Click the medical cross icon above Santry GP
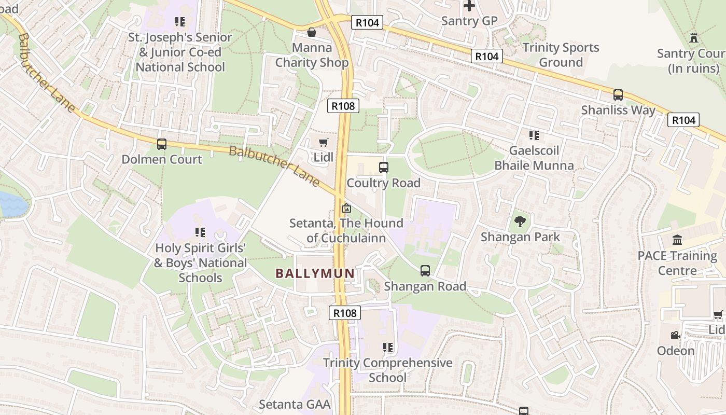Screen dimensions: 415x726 coord(469,6)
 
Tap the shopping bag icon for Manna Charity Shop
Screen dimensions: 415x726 coord(312,33)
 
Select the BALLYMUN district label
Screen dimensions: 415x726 coord(315,273)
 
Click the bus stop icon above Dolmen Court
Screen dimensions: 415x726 coord(162,144)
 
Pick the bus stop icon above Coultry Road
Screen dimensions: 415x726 coord(384,168)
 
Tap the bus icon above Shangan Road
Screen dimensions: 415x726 coord(425,271)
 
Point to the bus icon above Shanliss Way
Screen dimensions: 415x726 coord(618,95)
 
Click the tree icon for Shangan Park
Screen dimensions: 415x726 coord(520,222)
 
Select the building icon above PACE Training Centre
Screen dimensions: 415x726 coord(677,240)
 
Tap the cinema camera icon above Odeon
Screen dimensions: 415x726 coord(675,336)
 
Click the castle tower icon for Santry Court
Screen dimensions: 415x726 coord(694,38)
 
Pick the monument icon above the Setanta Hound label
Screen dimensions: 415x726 coord(346,208)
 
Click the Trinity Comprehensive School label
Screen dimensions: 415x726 coord(388,370)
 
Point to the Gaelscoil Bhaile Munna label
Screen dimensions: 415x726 coord(534,158)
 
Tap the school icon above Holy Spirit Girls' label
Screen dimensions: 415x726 coord(200,232)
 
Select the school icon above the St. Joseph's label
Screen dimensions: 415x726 coord(180,22)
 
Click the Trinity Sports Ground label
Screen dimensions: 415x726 coord(561,55)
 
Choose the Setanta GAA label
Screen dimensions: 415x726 coord(295,404)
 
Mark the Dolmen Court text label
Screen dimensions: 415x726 coord(162,159)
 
